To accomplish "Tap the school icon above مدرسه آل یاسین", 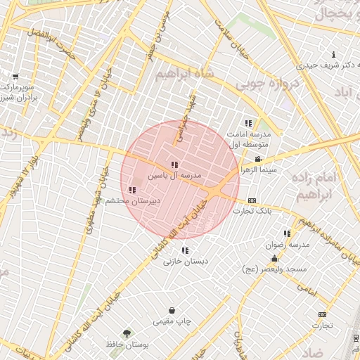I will [x=174, y=165].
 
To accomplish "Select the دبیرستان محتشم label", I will [x=133, y=200].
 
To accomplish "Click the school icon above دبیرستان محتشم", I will [x=132, y=190].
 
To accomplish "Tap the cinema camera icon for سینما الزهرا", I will [x=259, y=159].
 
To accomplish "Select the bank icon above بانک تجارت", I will [x=252, y=201].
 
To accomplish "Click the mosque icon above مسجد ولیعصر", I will [x=274, y=259].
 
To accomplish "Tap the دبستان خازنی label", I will [x=184, y=261].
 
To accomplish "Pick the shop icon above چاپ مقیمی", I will [x=172, y=311].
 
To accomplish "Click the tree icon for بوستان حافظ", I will [x=127, y=334].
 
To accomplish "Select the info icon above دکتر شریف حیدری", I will [x=333, y=55].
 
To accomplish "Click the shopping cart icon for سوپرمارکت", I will [x=15, y=77].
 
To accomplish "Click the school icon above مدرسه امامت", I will [x=247, y=123].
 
